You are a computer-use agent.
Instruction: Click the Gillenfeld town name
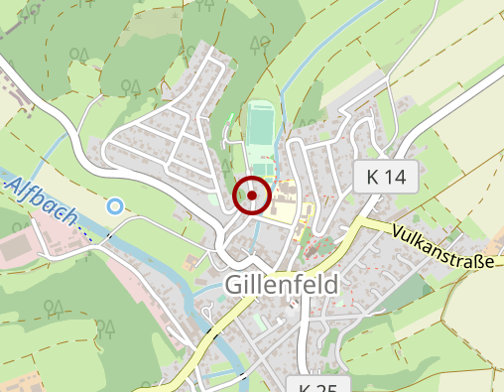pos(282,285)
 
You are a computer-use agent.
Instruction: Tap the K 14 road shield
pos(386,178)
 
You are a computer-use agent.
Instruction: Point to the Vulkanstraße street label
pos(441,249)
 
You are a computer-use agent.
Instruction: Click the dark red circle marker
pos(252,196)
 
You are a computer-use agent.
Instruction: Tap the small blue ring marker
pos(116,206)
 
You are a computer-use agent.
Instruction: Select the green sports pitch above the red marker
pos(261,131)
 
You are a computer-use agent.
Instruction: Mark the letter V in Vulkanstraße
pos(398,231)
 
